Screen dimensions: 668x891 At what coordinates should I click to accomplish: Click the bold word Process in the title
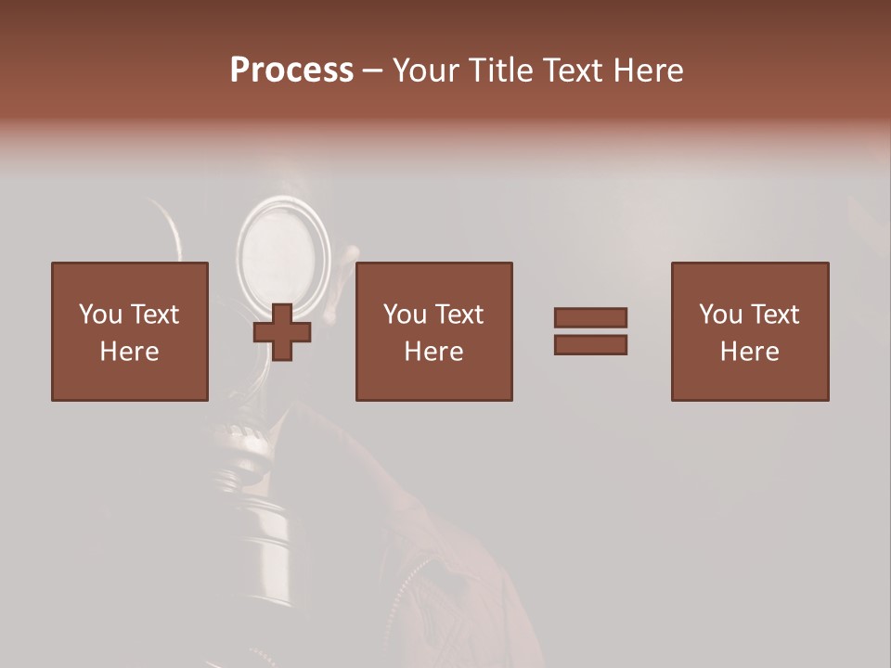click(291, 71)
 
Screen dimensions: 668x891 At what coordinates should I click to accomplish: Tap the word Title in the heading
click(503, 71)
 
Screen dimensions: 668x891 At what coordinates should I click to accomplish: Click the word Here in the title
click(651, 71)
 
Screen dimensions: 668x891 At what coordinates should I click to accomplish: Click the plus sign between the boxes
click(282, 332)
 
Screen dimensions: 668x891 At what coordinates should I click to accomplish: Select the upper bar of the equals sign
click(590, 317)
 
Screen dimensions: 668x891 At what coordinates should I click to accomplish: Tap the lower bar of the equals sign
click(590, 345)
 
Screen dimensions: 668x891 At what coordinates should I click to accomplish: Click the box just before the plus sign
click(130, 331)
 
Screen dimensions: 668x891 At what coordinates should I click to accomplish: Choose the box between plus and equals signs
click(434, 331)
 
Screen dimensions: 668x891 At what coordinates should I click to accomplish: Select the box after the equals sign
click(750, 331)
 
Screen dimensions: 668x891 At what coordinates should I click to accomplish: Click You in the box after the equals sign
click(719, 315)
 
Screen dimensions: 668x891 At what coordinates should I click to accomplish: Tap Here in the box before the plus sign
click(130, 352)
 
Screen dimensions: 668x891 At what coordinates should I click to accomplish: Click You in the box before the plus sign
click(99, 315)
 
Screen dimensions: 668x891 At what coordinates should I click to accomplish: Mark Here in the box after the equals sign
click(750, 352)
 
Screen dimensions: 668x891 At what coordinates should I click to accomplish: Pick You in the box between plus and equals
click(404, 315)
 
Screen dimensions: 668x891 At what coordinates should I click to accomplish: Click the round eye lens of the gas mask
click(283, 249)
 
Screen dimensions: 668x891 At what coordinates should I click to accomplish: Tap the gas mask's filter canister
click(265, 529)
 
